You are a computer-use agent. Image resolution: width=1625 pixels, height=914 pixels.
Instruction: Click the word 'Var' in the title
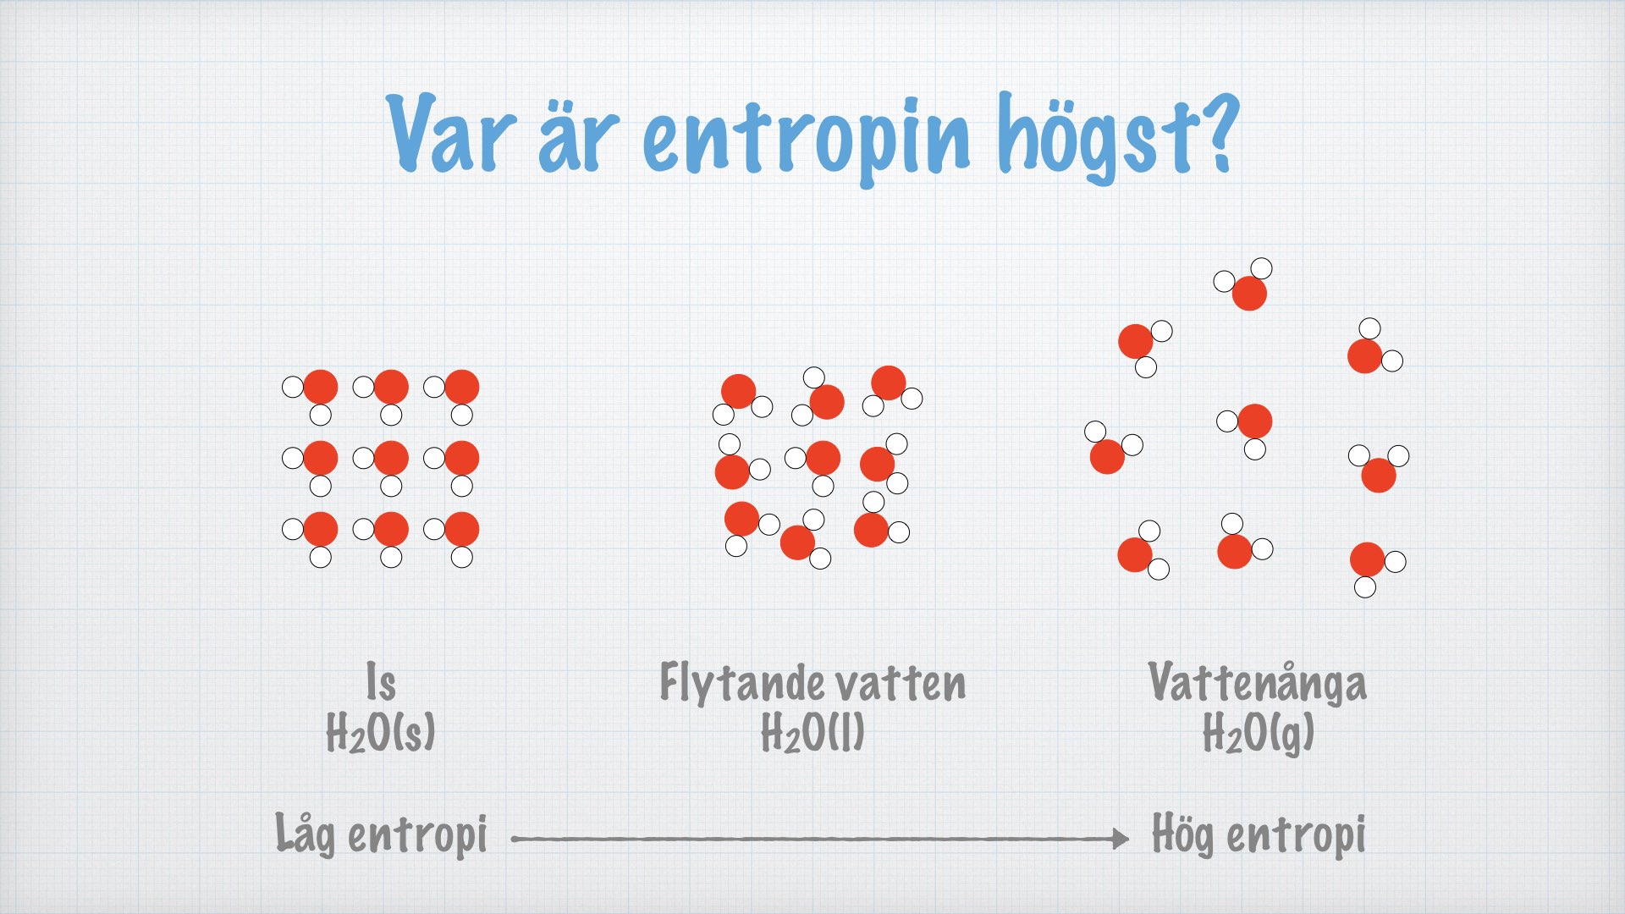450,134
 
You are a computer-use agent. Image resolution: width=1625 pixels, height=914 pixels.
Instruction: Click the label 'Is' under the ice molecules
381,683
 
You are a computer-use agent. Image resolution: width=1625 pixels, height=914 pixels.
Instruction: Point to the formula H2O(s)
381,732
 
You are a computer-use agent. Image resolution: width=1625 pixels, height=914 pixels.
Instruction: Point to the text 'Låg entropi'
381,834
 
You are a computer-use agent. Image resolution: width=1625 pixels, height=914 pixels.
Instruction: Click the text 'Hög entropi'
1259,834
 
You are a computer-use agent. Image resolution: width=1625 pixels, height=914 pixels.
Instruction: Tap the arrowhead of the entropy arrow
1121,839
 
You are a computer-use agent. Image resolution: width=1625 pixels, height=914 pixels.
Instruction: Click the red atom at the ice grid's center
391,458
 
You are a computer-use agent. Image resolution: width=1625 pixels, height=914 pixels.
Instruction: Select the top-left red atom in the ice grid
320,387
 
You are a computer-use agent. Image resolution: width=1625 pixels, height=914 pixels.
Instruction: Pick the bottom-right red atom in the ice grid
461,529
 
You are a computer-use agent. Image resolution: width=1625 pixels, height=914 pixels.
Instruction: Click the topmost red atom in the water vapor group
1249,294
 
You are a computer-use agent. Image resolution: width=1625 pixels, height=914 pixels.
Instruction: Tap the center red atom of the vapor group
1254,421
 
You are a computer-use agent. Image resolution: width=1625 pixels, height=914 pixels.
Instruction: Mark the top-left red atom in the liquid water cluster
738,392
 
